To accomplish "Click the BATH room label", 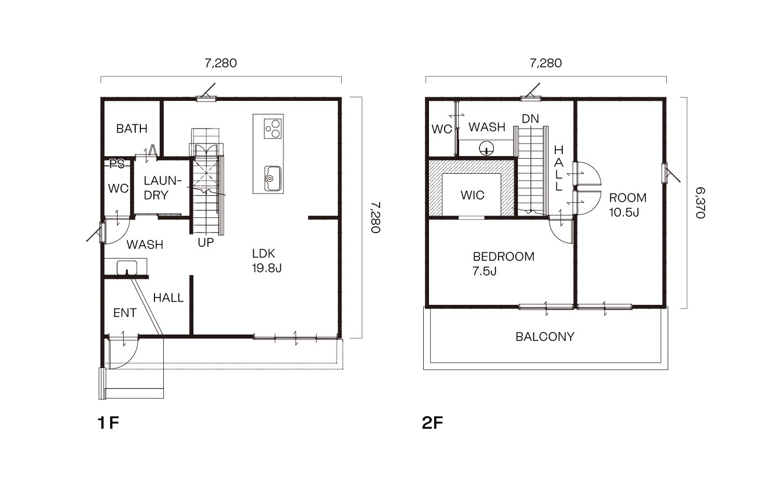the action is pyautogui.click(x=132, y=128).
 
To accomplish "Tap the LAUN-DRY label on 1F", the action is pyautogui.click(x=163, y=188).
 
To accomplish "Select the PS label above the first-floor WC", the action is pyautogui.click(x=117, y=164).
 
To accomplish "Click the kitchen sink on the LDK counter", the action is pyautogui.click(x=272, y=178).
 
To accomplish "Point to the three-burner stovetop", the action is pyautogui.click(x=272, y=129).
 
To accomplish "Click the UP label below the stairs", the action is pyautogui.click(x=206, y=242).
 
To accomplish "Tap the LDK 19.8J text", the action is pyautogui.click(x=267, y=261).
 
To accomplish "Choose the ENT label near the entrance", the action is pyautogui.click(x=125, y=313).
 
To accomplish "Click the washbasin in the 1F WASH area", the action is pyautogui.click(x=126, y=267).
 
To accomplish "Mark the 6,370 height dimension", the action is pyautogui.click(x=700, y=203).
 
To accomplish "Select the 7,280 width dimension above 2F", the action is pyautogui.click(x=545, y=63).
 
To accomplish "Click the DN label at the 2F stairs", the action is pyautogui.click(x=530, y=119).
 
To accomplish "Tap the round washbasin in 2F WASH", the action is pyautogui.click(x=486, y=148).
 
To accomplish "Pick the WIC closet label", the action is pyautogui.click(x=473, y=195).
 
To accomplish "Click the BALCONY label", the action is pyautogui.click(x=545, y=337).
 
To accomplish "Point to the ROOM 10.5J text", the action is pyautogui.click(x=628, y=205).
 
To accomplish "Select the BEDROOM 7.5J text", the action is pyautogui.click(x=503, y=264).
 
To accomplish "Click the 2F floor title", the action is pyautogui.click(x=432, y=423).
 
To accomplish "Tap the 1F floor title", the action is pyautogui.click(x=109, y=423).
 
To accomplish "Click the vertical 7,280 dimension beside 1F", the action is pyautogui.click(x=375, y=217).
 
